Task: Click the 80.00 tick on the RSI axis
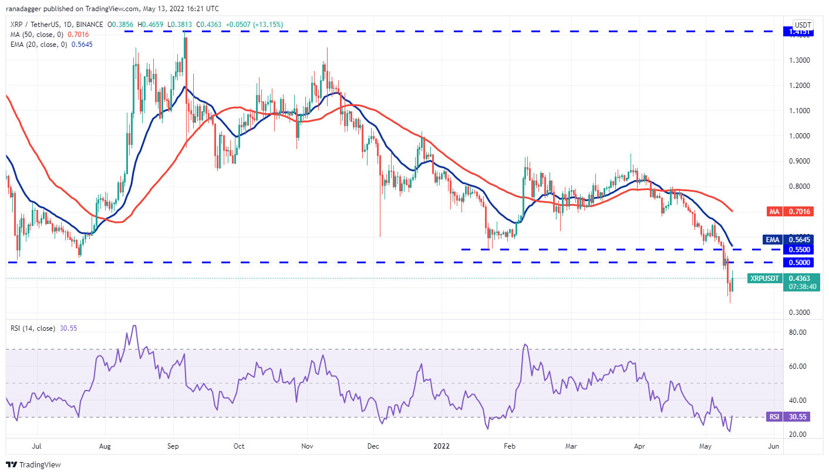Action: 797,332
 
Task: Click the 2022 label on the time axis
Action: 442,446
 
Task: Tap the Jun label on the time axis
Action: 773,446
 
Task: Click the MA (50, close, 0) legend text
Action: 37,35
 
